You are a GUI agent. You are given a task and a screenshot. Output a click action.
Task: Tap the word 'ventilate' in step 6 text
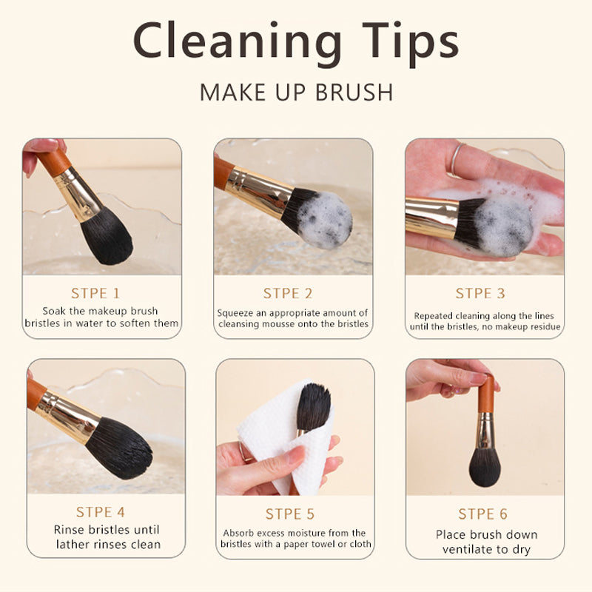[468, 549]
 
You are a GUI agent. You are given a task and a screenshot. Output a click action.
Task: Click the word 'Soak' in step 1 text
[54, 311]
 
